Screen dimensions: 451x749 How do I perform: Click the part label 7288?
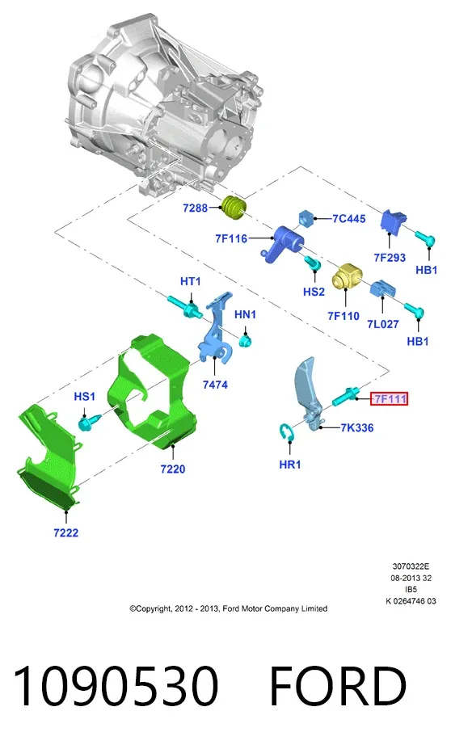pyautogui.click(x=195, y=208)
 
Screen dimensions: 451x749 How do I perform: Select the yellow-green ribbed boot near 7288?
pyautogui.click(x=235, y=208)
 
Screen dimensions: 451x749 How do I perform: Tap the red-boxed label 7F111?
pyautogui.click(x=390, y=398)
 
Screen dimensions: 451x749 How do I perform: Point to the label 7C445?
pyautogui.click(x=349, y=219)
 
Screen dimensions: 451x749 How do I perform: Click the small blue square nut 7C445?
pyautogui.click(x=306, y=219)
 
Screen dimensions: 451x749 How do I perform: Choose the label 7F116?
pyautogui.click(x=231, y=238)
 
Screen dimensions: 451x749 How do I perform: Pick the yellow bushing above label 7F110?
pyautogui.click(x=347, y=276)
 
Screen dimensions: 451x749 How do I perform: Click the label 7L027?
pyautogui.click(x=382, y=324)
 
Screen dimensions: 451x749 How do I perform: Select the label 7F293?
pyautogui.click(x=390, y=258)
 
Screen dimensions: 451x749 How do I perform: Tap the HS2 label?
pyautogui.click(x=314, y=292)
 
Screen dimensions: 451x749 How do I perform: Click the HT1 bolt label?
pyautogui.click(x=191, y=281)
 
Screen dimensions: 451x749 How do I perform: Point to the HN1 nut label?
pyautogui.click(x=245, y=314)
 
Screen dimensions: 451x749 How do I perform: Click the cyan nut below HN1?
pyautogui.click(x=246, y=341)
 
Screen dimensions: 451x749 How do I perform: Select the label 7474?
pyautogui.click(x=215, y=385)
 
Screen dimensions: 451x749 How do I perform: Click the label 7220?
pyautogui.click(x=172, y=469)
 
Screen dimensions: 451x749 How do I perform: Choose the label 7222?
pyautogui.click(x=66, y=532)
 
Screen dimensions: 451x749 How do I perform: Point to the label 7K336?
pyautogui.click(x=357, y=427)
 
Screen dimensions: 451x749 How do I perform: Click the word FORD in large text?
pyautogui.click(x=338, y=687)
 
